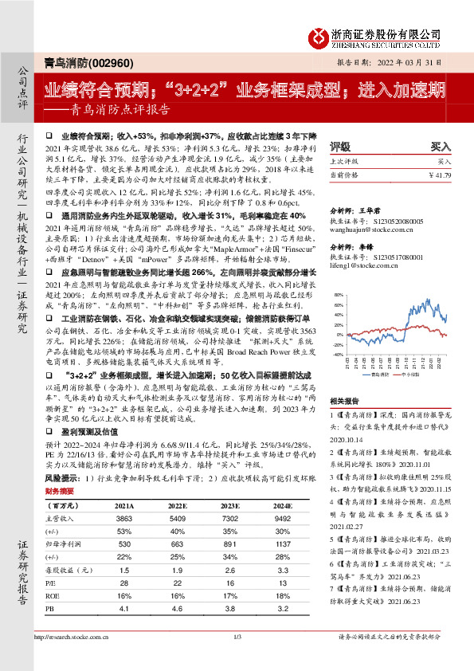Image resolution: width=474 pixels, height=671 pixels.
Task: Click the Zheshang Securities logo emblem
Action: click(x=321, y=35)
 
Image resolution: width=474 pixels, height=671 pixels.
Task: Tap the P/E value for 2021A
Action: click(x=123, y=584)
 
